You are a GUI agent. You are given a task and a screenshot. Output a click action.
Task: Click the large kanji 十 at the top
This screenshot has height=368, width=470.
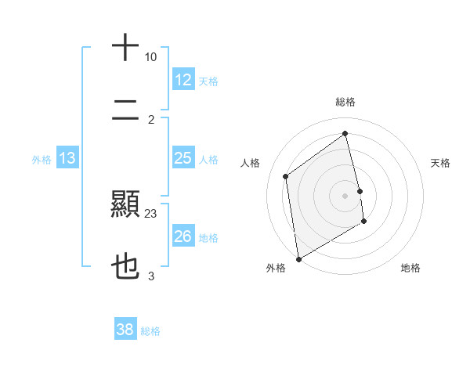tap(125, 47)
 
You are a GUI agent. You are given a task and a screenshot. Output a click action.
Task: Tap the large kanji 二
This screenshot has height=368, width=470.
tap(125, 109)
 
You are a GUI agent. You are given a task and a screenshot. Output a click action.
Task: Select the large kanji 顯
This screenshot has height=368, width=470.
tap(125, 205)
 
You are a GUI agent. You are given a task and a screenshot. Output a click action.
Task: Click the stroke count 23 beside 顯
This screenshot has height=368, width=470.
tap(151, 213)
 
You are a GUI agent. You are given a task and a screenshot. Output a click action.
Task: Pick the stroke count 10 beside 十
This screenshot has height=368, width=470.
tap(151, 57)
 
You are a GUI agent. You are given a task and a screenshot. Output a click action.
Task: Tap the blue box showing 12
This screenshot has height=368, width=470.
tap(183, 80)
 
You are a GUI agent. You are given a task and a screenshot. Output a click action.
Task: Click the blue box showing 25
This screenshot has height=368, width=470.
tap(183, 158)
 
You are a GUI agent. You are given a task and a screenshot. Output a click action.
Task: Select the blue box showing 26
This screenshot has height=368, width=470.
tap(183, 236)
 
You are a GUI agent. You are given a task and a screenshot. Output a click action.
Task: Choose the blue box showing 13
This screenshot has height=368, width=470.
tap(67, 158)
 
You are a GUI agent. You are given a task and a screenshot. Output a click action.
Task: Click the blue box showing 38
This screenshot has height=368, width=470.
tap(125, 330)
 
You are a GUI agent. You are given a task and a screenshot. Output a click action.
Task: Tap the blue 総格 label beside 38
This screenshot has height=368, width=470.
tap(150, 331)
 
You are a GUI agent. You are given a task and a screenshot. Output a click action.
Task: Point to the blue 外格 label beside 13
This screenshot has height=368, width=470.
tap(42, 160)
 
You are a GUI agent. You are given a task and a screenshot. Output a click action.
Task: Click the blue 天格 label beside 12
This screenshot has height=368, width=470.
tap(208, 81)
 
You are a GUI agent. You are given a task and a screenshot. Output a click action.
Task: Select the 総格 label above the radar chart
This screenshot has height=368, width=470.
tap(345, 102)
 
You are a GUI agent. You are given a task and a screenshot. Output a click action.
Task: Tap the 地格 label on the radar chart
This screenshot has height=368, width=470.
tap(410, 268)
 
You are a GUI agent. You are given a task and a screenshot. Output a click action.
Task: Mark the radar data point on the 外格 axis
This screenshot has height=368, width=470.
tap(298, 258)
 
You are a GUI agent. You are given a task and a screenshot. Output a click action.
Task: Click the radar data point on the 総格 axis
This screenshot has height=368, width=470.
tap(345, 133)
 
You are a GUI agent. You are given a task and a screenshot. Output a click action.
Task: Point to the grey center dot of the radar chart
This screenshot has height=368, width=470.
tap(345, 195)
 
